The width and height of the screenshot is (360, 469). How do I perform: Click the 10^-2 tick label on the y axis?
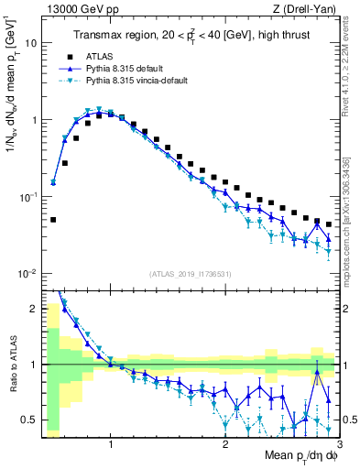[x=27, y=274]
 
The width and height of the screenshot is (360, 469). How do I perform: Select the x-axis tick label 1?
[x=111, y=445]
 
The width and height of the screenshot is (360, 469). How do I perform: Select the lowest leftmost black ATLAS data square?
[x=53, y=220]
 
